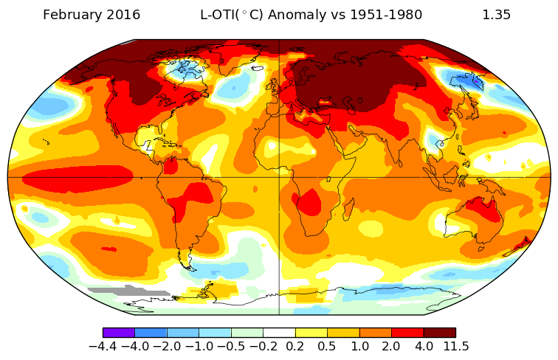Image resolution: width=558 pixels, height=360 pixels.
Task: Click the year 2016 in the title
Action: tap(123, 15)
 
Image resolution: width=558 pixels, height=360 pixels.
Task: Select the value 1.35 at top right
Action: tap(496, 15)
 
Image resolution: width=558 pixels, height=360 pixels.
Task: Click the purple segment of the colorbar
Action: tap(118, 333)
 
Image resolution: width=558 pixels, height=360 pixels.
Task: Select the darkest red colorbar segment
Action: tap(439, 333)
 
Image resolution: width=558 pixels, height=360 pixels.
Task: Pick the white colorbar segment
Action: tap(279, 333)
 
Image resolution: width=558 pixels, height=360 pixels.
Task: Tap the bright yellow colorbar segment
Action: tap(311, 333)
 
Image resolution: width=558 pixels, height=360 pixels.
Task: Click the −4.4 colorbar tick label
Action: tap(103, 346)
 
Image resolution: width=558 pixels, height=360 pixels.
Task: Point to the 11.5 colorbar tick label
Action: tap(455, 346)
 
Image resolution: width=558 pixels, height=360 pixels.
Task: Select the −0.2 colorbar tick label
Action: tap(263, 346)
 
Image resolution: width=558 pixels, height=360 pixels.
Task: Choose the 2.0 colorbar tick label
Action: tap(391, 346)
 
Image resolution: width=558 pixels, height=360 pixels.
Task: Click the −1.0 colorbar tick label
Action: tap(199, 346)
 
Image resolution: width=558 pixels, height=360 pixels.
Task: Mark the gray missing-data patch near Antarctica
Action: tap(125, 291)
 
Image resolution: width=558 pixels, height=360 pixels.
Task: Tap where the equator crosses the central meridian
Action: tap(279, 177)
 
